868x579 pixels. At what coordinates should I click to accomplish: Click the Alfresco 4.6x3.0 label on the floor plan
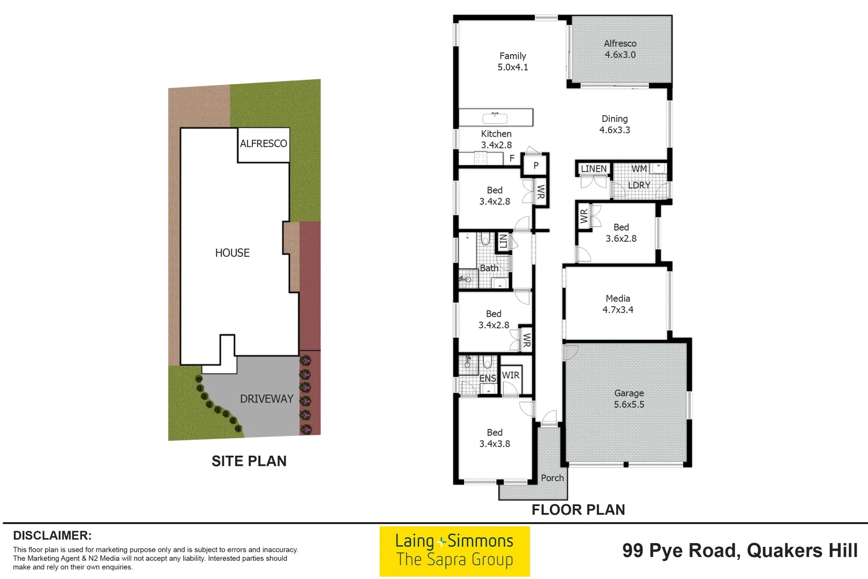pos(620,49)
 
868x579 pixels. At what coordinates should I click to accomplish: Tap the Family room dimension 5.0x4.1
pos(513,68)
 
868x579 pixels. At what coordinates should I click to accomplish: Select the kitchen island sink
pos(495,117)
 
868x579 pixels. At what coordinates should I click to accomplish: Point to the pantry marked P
pos(536,166)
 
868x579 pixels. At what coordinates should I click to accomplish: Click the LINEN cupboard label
pos(594,169)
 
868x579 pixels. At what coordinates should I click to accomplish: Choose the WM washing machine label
pos(639,169)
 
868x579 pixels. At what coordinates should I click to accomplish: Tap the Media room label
pos(618,299)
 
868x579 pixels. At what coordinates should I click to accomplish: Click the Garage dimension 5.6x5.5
pos(629,405)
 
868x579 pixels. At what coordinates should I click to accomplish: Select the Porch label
pos(552,478)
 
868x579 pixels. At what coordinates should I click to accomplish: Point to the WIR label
pos(511,375)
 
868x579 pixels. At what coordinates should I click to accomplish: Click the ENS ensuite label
pos(488,378)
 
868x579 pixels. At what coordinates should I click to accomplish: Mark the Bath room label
pos(489,268)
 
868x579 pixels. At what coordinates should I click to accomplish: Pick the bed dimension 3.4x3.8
pos(495,444)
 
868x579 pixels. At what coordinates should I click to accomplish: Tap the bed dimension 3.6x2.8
pos(621,239)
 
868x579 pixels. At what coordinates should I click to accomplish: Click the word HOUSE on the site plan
pos(232,253)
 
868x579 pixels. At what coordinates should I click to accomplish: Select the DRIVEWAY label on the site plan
pos(266,399)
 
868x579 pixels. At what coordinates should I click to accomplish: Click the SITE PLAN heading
pos(249,461)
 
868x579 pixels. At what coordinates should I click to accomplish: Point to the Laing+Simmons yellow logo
pos(454,551)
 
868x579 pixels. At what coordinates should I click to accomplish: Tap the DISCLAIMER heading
pos(52,536)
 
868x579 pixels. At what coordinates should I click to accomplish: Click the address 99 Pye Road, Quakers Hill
pos(739,551)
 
